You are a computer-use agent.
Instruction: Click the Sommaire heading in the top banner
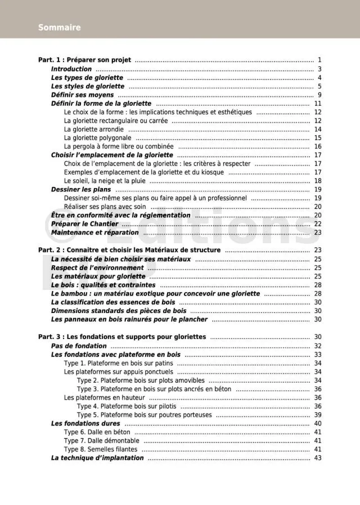[x=59, y=28]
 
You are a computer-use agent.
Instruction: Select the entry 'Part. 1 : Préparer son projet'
[x=84, y=60]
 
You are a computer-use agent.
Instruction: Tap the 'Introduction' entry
[x=71, y=69]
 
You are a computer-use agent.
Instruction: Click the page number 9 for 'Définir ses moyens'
[x=319, y=95]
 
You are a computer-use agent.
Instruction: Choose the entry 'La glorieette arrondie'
[x=94, y=129]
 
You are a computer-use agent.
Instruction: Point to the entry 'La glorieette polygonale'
[x=97, y=137]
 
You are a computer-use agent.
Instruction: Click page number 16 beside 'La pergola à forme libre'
[x=317, y=146]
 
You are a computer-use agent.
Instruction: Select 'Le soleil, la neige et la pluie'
[x=105, y=181]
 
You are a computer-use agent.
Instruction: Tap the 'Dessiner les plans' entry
[x=81, y=190]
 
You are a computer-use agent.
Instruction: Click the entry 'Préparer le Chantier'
[x=84, y=224]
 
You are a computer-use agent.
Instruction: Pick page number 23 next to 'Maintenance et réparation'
[x=317, y=233]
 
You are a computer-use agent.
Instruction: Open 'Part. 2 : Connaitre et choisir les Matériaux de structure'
[x=129, y=250]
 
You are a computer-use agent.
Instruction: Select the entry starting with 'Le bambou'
[x=155, y=293]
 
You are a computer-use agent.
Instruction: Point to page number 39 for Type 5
[x=317, y=415]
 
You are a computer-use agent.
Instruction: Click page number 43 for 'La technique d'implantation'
[x=317, y=458]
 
